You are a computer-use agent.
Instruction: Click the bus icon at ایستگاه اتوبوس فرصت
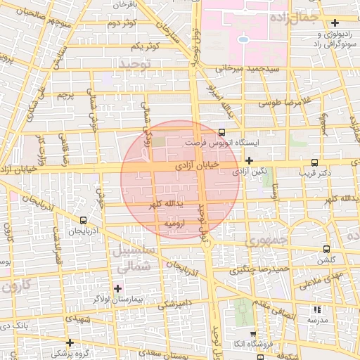(222, 131)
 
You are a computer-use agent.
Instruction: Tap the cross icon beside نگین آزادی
(249, 160)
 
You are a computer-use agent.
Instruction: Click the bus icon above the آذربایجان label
(84, 220)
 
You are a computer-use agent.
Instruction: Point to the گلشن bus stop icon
(326, 249)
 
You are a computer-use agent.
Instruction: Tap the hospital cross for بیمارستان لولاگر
(117, 288)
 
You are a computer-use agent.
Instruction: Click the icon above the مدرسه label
(316, 309)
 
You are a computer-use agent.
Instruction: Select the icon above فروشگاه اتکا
(253, 333)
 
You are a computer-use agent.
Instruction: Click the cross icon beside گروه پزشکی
(69, 342)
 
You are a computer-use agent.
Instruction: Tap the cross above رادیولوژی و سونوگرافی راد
(335, 23)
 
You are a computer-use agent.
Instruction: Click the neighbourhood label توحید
(134, 64)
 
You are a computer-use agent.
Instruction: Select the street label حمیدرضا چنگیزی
(261, 269)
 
